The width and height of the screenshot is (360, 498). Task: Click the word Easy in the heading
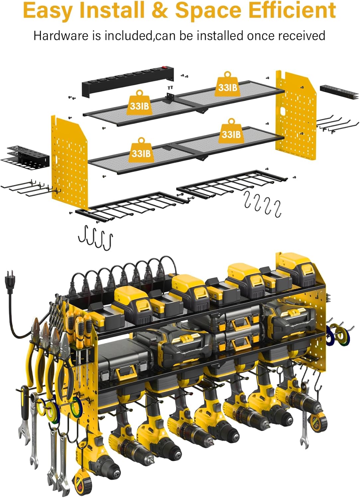pyautogui.click(x=48, y=11)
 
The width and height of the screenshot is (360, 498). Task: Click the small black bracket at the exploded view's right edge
pyautogui.click(x=339, y=93)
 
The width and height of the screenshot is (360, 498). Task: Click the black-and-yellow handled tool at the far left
pyautogui.click(x=25, y=403)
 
